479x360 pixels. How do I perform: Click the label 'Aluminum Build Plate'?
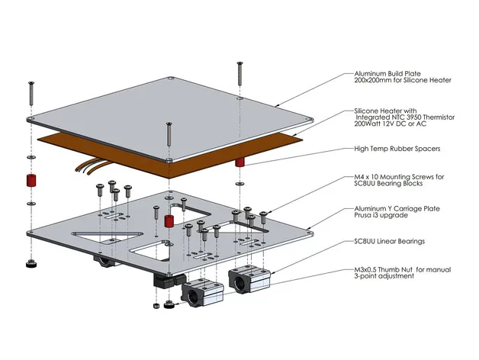pos(387,74)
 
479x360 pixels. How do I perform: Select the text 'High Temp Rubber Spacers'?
pos(397,149)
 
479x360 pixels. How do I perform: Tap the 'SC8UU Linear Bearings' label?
pos(390,242)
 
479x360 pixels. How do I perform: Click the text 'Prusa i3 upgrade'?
pos(381,215)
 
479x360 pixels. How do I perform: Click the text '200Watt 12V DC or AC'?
pos(390,124)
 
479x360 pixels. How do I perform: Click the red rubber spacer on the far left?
pos(31,180)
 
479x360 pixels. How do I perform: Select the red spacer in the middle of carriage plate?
pos(169,221)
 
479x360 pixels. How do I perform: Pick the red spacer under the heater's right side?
pos(239,162)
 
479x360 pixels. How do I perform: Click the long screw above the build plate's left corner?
pos(31,94)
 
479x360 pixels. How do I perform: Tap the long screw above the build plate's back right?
pos(239,74)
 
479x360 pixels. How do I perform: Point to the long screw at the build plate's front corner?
pos(169,134)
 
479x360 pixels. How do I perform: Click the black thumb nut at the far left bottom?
pos(31,264)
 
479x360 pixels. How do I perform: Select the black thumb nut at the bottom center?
pos(169,304)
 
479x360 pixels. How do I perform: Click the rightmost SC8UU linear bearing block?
pos(249,279)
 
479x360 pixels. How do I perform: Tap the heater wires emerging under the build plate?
pos(92,166)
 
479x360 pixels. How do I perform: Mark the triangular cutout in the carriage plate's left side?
pos(107,237)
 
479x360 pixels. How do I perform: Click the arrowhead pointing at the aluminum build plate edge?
pos(276,106)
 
